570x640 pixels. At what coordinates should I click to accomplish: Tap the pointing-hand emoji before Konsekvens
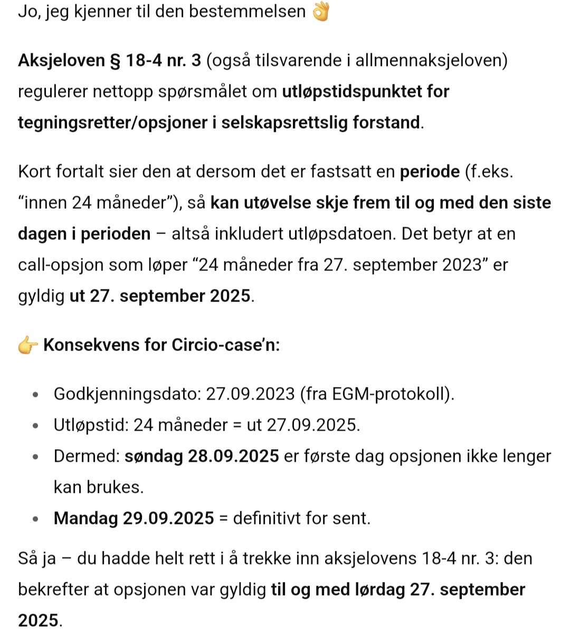(28, 345)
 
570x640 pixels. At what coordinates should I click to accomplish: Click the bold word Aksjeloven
(62, 61)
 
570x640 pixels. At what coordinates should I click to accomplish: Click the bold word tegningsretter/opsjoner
(112, 123)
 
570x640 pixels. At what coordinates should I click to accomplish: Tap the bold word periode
(430, 172)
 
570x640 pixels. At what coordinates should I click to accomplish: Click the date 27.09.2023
(250, 394)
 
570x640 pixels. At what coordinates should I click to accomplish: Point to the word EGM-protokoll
(390, 394)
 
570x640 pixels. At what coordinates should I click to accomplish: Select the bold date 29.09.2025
(168, 519)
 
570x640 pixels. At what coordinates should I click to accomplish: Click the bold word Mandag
(85, 519)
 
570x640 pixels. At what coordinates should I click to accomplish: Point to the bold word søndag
(154, 457)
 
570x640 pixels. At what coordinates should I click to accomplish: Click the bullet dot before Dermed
(35, 457)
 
